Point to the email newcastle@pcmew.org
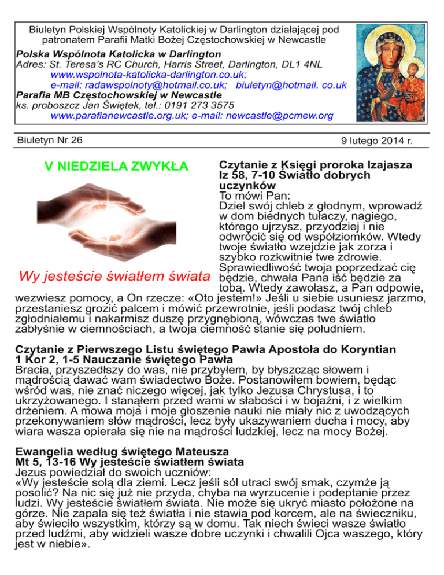click(x=280, y=116)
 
